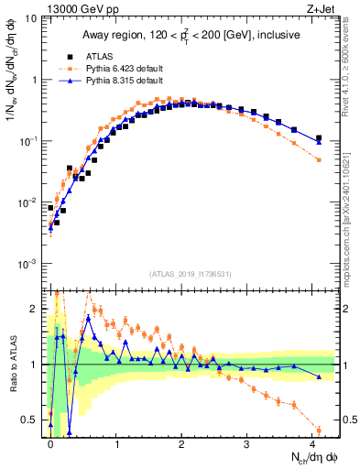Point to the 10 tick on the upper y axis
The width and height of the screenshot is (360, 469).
coord(32,18)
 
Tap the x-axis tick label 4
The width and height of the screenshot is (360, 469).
coord(312,443)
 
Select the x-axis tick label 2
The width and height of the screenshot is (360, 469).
coord(181,443)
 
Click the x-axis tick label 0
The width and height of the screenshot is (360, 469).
coord(50,443)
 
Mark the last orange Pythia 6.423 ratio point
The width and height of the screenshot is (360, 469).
coord(319,430)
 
